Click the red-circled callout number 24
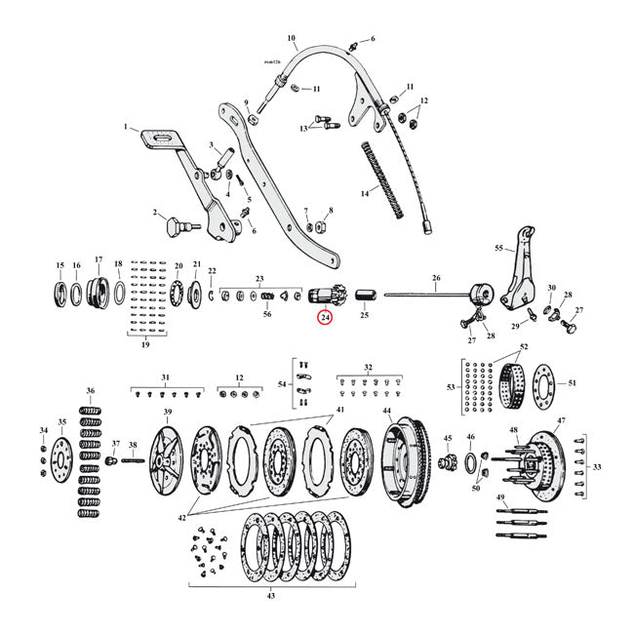324,318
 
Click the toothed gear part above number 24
322,295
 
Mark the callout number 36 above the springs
91,391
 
